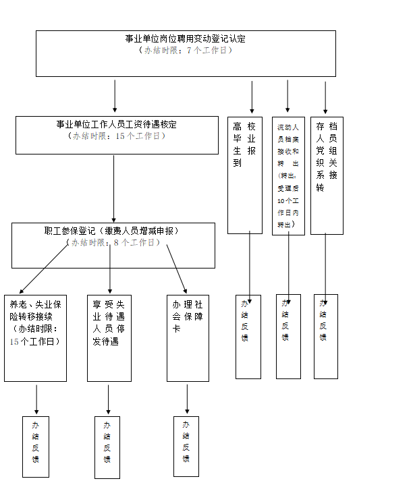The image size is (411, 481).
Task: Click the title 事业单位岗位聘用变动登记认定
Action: pyautogui.click(x=185, y=38)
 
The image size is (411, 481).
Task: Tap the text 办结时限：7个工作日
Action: pyautogui.click(x=185, y=51)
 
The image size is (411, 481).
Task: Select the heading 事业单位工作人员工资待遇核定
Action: pyautogui.click(x=116, y=125)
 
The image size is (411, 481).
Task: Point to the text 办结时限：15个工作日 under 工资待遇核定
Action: pyautogui.click(x=116, y=136)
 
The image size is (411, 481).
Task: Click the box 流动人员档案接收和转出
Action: pyautogui.click(x=288, y=175)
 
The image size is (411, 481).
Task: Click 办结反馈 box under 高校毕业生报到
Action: pyautogui.click(x=248, y=336)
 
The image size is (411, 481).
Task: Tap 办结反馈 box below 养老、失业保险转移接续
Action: pyautogui.click(x=36, y=447)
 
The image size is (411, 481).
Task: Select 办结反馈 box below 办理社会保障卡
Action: pyautogui.click(x=186, y=447)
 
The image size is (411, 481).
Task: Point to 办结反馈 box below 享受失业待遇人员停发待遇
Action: pyautogui.click(x=107, y=447)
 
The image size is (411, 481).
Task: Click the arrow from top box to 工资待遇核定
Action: pyautogui.click(x=115, y=96)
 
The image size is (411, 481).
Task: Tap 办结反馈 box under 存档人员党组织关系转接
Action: pyautogui.click(x=325, y=336)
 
